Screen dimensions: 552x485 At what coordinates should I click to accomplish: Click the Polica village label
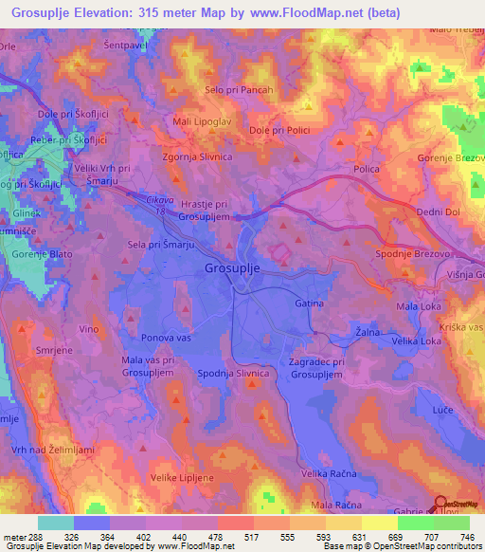pyautogui.click(x=367, y=168)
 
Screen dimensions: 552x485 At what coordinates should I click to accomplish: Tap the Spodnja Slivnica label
pyautogui.click(x=234, y=374)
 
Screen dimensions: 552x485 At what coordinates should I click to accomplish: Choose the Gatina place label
pyautogui.click(x=309, y=304)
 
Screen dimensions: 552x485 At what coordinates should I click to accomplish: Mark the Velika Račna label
pyautogui.click(x=328, y=472)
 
